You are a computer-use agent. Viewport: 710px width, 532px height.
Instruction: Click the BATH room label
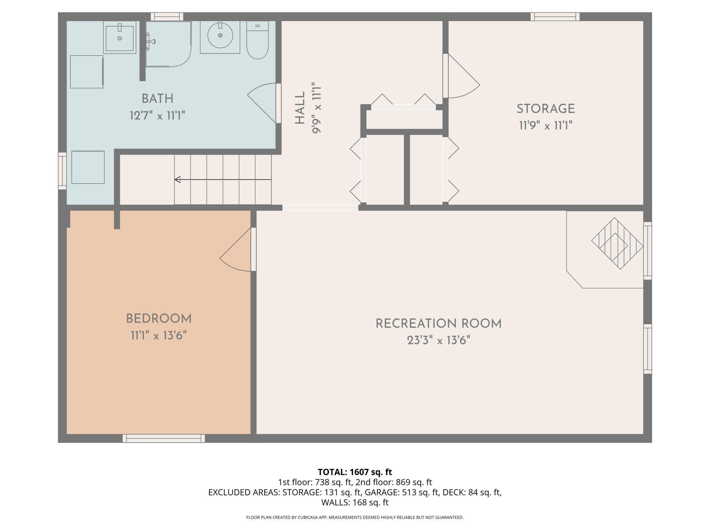tap(157, 99)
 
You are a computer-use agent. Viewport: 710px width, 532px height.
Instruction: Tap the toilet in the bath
tap(257, 40)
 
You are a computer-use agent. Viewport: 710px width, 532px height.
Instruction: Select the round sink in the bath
tap(220, 35)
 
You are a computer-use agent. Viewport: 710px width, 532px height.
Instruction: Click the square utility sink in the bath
tap(119, 37)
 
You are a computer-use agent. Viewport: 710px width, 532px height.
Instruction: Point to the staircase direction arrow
tap(223, 179)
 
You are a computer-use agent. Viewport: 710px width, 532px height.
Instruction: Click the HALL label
tap(300, 108)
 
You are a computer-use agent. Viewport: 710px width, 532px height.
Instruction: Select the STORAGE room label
tap(545, 109)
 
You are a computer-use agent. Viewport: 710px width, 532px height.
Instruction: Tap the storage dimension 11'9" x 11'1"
tap(545, 126)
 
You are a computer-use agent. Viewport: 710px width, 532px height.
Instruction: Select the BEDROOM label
tap(159, 319)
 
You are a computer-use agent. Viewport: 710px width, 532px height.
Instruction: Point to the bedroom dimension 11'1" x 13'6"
tap(159, 336)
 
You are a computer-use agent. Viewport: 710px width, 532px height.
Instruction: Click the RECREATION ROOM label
tap(439, 324)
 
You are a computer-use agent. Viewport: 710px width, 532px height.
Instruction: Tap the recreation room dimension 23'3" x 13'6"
tap(439, 340)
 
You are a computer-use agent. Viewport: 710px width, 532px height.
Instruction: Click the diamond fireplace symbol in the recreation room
tap(617, 243)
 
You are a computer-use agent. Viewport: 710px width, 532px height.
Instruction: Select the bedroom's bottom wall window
tap(164, 438)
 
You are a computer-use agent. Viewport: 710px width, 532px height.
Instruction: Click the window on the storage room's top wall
tap(555, 17)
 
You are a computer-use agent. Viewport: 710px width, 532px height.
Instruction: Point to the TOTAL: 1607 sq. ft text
tap(355, 472)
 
